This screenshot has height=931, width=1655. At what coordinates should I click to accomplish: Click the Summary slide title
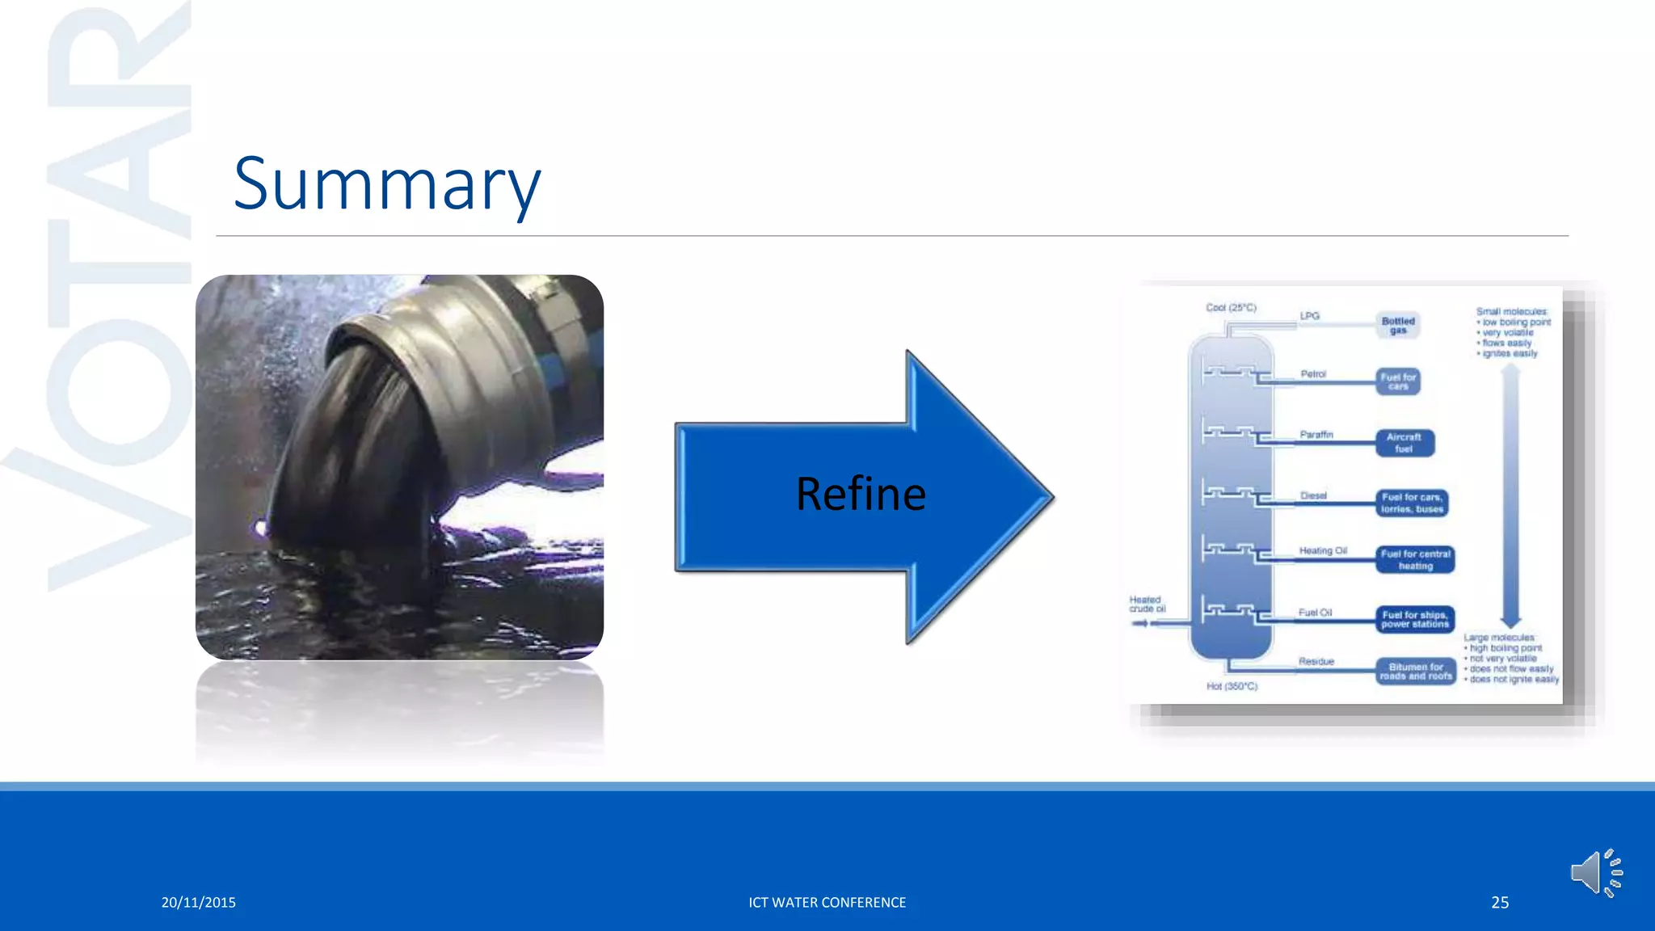pos(386,185)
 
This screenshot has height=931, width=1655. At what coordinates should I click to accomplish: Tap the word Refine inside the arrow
pos(861,494)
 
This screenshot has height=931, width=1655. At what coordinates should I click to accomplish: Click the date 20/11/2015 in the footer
pos(198,902)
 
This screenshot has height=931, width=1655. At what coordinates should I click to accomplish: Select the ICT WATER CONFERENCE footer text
pos(827,902)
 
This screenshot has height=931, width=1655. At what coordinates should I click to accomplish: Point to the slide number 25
pos(1500,902)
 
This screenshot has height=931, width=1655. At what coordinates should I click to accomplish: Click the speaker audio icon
pos(1596,873)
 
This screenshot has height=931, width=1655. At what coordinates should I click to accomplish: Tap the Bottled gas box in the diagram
pos(1398,325)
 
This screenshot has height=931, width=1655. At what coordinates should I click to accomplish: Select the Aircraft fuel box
pos(1404,443)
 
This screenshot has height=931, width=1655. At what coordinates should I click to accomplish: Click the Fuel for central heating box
pos(1416,559)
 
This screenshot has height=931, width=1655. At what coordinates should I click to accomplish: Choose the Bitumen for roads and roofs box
pos(1416,671)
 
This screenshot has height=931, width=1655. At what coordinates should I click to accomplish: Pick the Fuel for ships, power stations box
pos(1415,619)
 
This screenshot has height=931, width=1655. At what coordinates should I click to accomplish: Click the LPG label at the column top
pos(1310,316)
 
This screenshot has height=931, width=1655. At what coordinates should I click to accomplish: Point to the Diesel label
pos(1314,495)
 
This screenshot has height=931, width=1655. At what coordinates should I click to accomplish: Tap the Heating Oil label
pos(1323,550)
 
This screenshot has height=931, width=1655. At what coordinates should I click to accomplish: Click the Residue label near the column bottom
pos(1316,661)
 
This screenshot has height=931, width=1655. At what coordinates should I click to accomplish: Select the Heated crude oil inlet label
pos(1147,605)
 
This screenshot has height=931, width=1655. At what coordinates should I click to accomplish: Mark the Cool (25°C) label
pos(1231,308)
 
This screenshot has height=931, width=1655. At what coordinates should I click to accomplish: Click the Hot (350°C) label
pos(1232,686)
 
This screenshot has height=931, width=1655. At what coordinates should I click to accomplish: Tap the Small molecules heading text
pos(1511,311)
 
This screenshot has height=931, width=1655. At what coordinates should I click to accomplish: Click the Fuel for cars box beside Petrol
pos(1398,381)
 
